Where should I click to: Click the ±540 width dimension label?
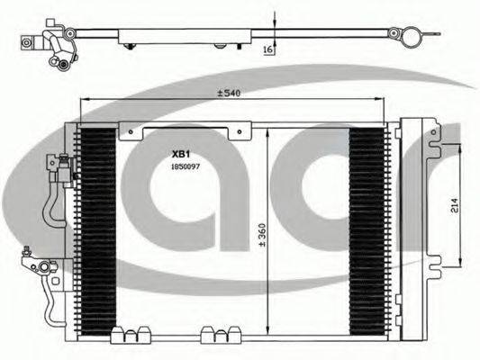229,93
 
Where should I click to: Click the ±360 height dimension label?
263,235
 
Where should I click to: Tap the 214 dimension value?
454,206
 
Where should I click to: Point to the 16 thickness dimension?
267,49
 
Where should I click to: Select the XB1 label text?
181,155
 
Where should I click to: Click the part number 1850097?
186,166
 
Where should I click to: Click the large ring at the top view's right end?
411,37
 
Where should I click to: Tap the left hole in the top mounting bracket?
131,131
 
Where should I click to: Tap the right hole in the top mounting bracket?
240,131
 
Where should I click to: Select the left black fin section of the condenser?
98,231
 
